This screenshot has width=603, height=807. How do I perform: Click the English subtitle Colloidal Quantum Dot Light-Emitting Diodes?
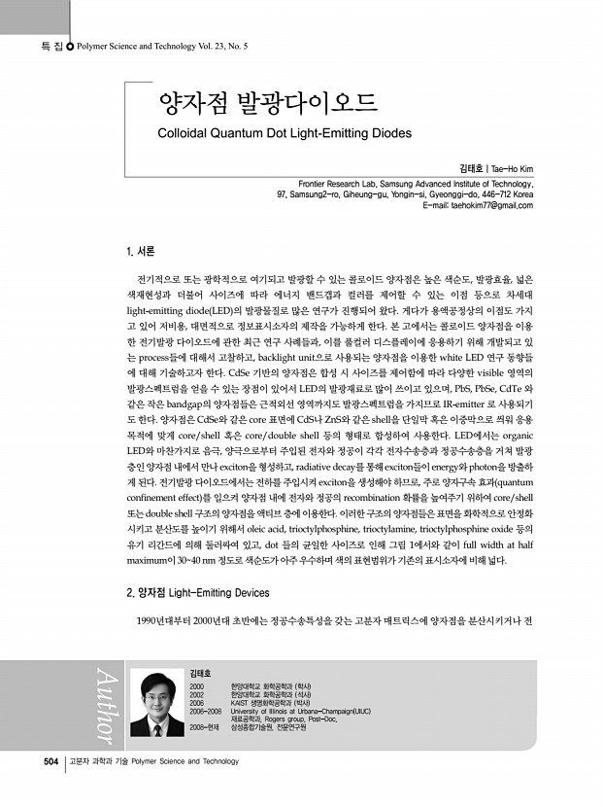click(285, 133)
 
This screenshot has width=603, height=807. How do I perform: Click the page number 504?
click(51, 760)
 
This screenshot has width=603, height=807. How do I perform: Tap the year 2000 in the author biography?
click(198, 686)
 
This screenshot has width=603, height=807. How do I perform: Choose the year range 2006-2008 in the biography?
click(206, 711)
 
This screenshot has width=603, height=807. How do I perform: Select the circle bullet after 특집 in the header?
click(68, 46)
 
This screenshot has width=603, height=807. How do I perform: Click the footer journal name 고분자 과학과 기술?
click(98, 760)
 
